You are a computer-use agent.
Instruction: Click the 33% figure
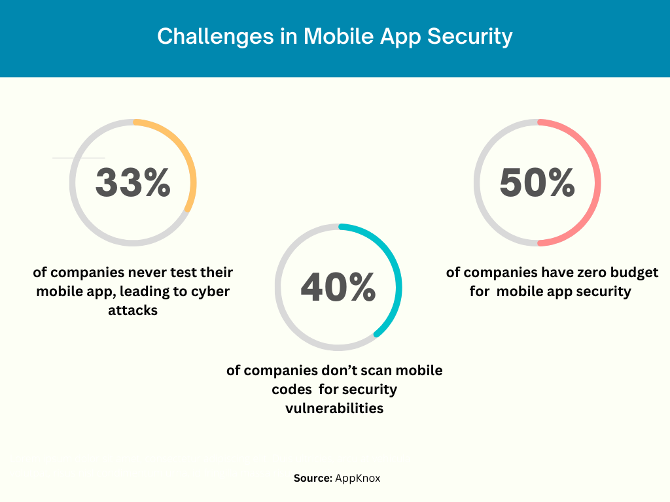(x=133, y=182)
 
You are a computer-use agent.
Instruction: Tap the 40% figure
(x=338, y=287)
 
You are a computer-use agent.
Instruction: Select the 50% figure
(x=537, y=182)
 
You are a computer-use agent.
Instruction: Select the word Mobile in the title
(x=335, y=37)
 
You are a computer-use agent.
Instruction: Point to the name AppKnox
(x=358, y=478)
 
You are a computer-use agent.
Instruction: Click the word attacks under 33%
(x=133, y=310)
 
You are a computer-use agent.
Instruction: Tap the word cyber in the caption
(x=209, y=292)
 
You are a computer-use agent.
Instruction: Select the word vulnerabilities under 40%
(x=334, y=409)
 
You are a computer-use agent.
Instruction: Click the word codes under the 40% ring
(x=292, y=390)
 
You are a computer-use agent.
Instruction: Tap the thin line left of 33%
(x=79, y=158)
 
